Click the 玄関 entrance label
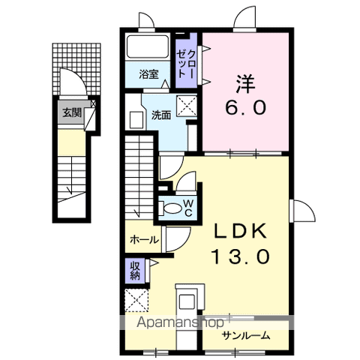pyautogui.click(x=72, y=113)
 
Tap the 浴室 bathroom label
pyautogui.click(x=148, y=74)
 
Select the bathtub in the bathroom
pyautogui.click(x=148, y=46)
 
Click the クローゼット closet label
pyautogui.click(x=186, y=64)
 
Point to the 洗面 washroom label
pyautogui.click(x=161, y=115)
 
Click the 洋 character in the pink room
pyautogui.click(x=244, y=84)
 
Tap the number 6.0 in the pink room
pyautogui.click(x=245, y=107)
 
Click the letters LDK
pyautogui.click(x=240, y=231)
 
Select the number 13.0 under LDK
pyautogui.click(x=241, y=256)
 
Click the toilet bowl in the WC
pyautogui.click(x=172, y=208)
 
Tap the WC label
pyautogui.click(x=188, y=208)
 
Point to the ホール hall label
pyautogui.click(x=145, y=240)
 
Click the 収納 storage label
pyautogui.click(x=135, y=271)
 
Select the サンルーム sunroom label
pyautogui.click(x=246, y=335)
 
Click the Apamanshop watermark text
pyautogui.click(x=180, y=322)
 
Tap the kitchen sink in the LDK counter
pyautogui.click(x=187, y=302)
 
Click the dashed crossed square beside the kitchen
pyautogui.click(x=136, y=300)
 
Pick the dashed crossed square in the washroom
pyautogui.click(x=187, y=106)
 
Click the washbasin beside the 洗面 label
pyautogui.click(x=136, y=120)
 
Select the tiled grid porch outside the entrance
pyautogui.click(x=76, y=69)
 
